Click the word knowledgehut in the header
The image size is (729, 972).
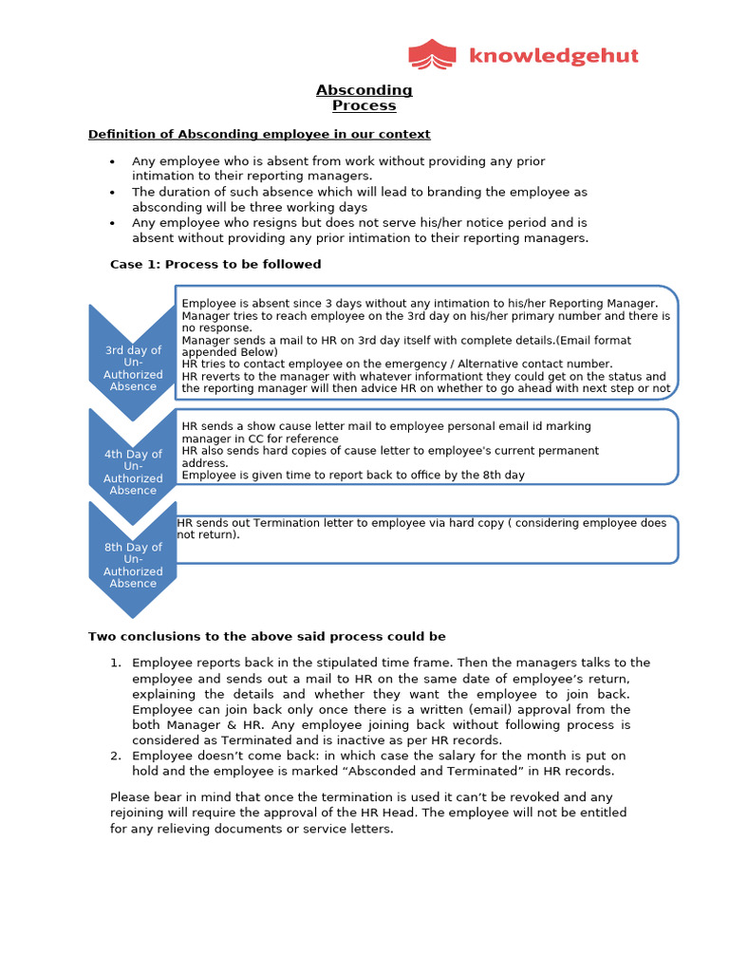point(553,56)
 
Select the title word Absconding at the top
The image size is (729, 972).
point(364,90)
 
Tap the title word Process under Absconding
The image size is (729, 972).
point(364,105)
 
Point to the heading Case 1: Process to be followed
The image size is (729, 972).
point(215,264)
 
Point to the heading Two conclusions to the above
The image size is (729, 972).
point(267,636)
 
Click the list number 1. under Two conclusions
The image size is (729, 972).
point(115,663)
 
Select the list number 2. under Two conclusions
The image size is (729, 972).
point(115,756)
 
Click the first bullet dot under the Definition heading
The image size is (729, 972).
point(113,162)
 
